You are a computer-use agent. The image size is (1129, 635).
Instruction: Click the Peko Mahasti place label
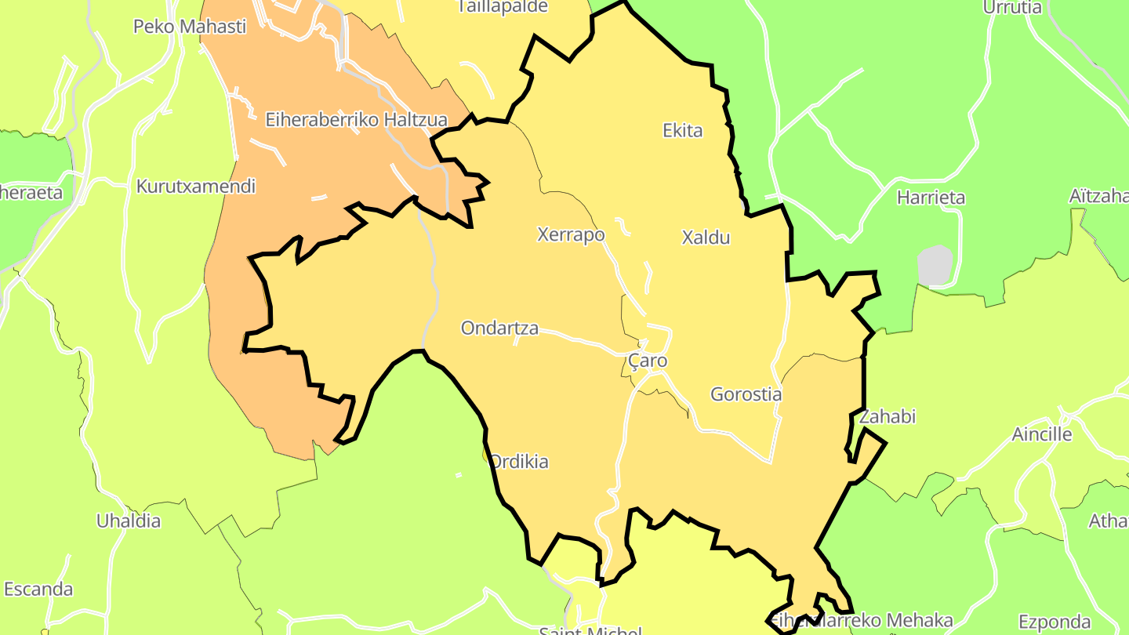click(x=190, y=27)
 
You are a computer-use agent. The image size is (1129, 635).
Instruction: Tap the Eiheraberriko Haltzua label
click(x=356, y=120)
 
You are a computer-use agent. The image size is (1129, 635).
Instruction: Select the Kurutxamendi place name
click(x=196, y=187)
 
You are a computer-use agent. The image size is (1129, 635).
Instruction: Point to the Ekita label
click(x=683, y=131)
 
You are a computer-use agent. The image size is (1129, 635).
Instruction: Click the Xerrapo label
click(x=571, y=234)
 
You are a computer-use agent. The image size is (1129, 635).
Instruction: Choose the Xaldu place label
click(x=706, y=238)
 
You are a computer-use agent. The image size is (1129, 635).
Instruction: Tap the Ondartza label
click(x=499, y=328)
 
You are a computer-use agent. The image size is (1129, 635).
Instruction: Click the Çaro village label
click(x=648, y=361)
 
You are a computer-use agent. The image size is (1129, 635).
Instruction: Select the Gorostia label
click(x=746, y=394)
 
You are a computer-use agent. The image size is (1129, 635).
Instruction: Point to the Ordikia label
click(x=519, y=462)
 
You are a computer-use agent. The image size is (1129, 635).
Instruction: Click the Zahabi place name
click(x=888, y=416)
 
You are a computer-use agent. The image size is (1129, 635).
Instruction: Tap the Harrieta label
click(x=931, y=198)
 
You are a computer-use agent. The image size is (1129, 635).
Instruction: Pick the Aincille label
click(x=1042, y=434)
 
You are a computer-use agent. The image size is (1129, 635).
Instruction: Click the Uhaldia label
click(x=129, y=521)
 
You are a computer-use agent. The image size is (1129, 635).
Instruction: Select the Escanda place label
click(x=38, y=589)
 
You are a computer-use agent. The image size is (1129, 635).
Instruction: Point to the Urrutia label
click(x=1012, y=8)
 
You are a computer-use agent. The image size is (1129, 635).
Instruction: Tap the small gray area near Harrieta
click(x=935, y=265)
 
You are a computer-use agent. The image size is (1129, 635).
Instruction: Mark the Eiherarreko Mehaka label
click(x=862, y=622)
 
